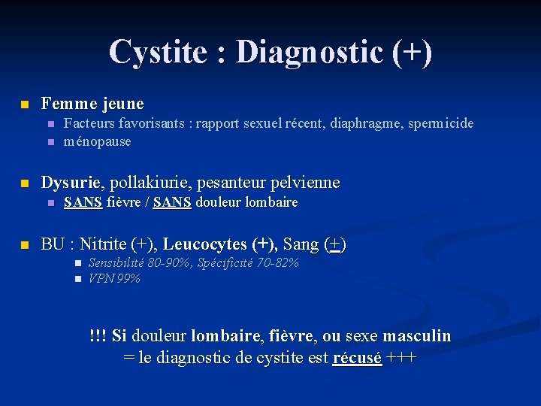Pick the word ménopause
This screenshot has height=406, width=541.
click(97, 141)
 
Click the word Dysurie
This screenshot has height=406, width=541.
click(71, 183)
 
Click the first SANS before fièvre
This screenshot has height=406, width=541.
click(83, 202)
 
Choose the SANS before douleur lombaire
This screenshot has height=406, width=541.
click(172, 202)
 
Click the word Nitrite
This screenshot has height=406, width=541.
click(104, 244)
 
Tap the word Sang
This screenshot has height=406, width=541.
click(301, 244)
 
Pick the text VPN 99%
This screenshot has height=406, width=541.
click(114, 279)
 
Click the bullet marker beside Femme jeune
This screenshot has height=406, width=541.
click(25, 103)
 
